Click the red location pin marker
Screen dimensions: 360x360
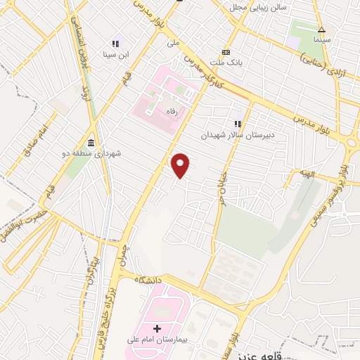[181, 165]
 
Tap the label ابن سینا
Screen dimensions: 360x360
[116, 54]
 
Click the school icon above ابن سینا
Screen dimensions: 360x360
[116, 44]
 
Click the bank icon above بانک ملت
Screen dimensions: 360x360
[226, 52]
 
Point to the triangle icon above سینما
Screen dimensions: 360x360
[321, 30]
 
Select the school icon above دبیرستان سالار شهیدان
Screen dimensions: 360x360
[238, 124]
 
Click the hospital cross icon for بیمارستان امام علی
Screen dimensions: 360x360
[157, 328]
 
